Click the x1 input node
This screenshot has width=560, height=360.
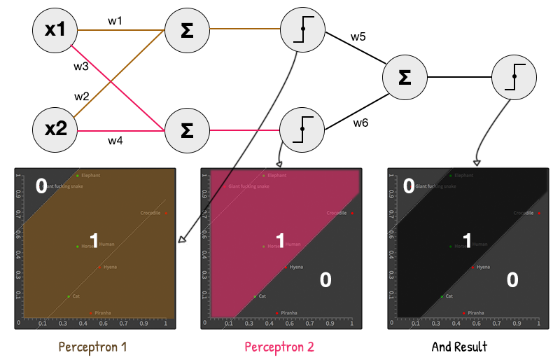tap(55, 31)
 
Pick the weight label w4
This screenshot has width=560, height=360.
tap(115, 140)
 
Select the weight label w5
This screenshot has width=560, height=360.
tap(358, 36)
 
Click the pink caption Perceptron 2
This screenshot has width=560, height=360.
tap(279, 347)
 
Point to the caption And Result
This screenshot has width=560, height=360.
tap(459, 347)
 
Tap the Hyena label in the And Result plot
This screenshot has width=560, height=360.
tap(483, 267)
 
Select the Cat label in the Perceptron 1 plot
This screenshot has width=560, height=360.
tap(76, 296)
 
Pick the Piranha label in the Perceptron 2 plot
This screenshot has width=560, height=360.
tap(290, 313)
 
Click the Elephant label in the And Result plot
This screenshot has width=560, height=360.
tap(463, 175)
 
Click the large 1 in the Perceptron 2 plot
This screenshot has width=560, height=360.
tap(280, 241)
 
